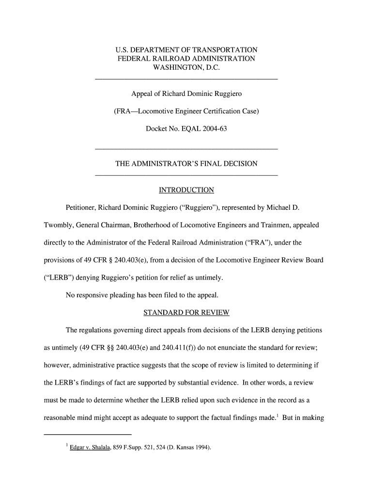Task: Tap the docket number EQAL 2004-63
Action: (203, 129)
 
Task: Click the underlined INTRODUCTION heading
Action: (186, 189)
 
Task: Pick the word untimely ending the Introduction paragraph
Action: (209, 278)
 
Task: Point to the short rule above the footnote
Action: (88, 433)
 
